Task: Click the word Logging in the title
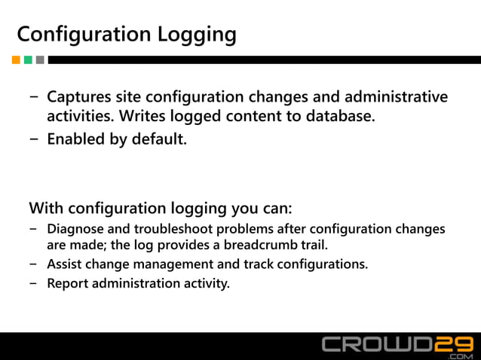(196, 35)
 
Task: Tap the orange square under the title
(16, 59)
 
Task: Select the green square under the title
(28, 59)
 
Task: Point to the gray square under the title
(40, 59)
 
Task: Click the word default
(157, 139)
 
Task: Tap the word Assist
(65, 264)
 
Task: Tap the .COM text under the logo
(458, 355)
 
